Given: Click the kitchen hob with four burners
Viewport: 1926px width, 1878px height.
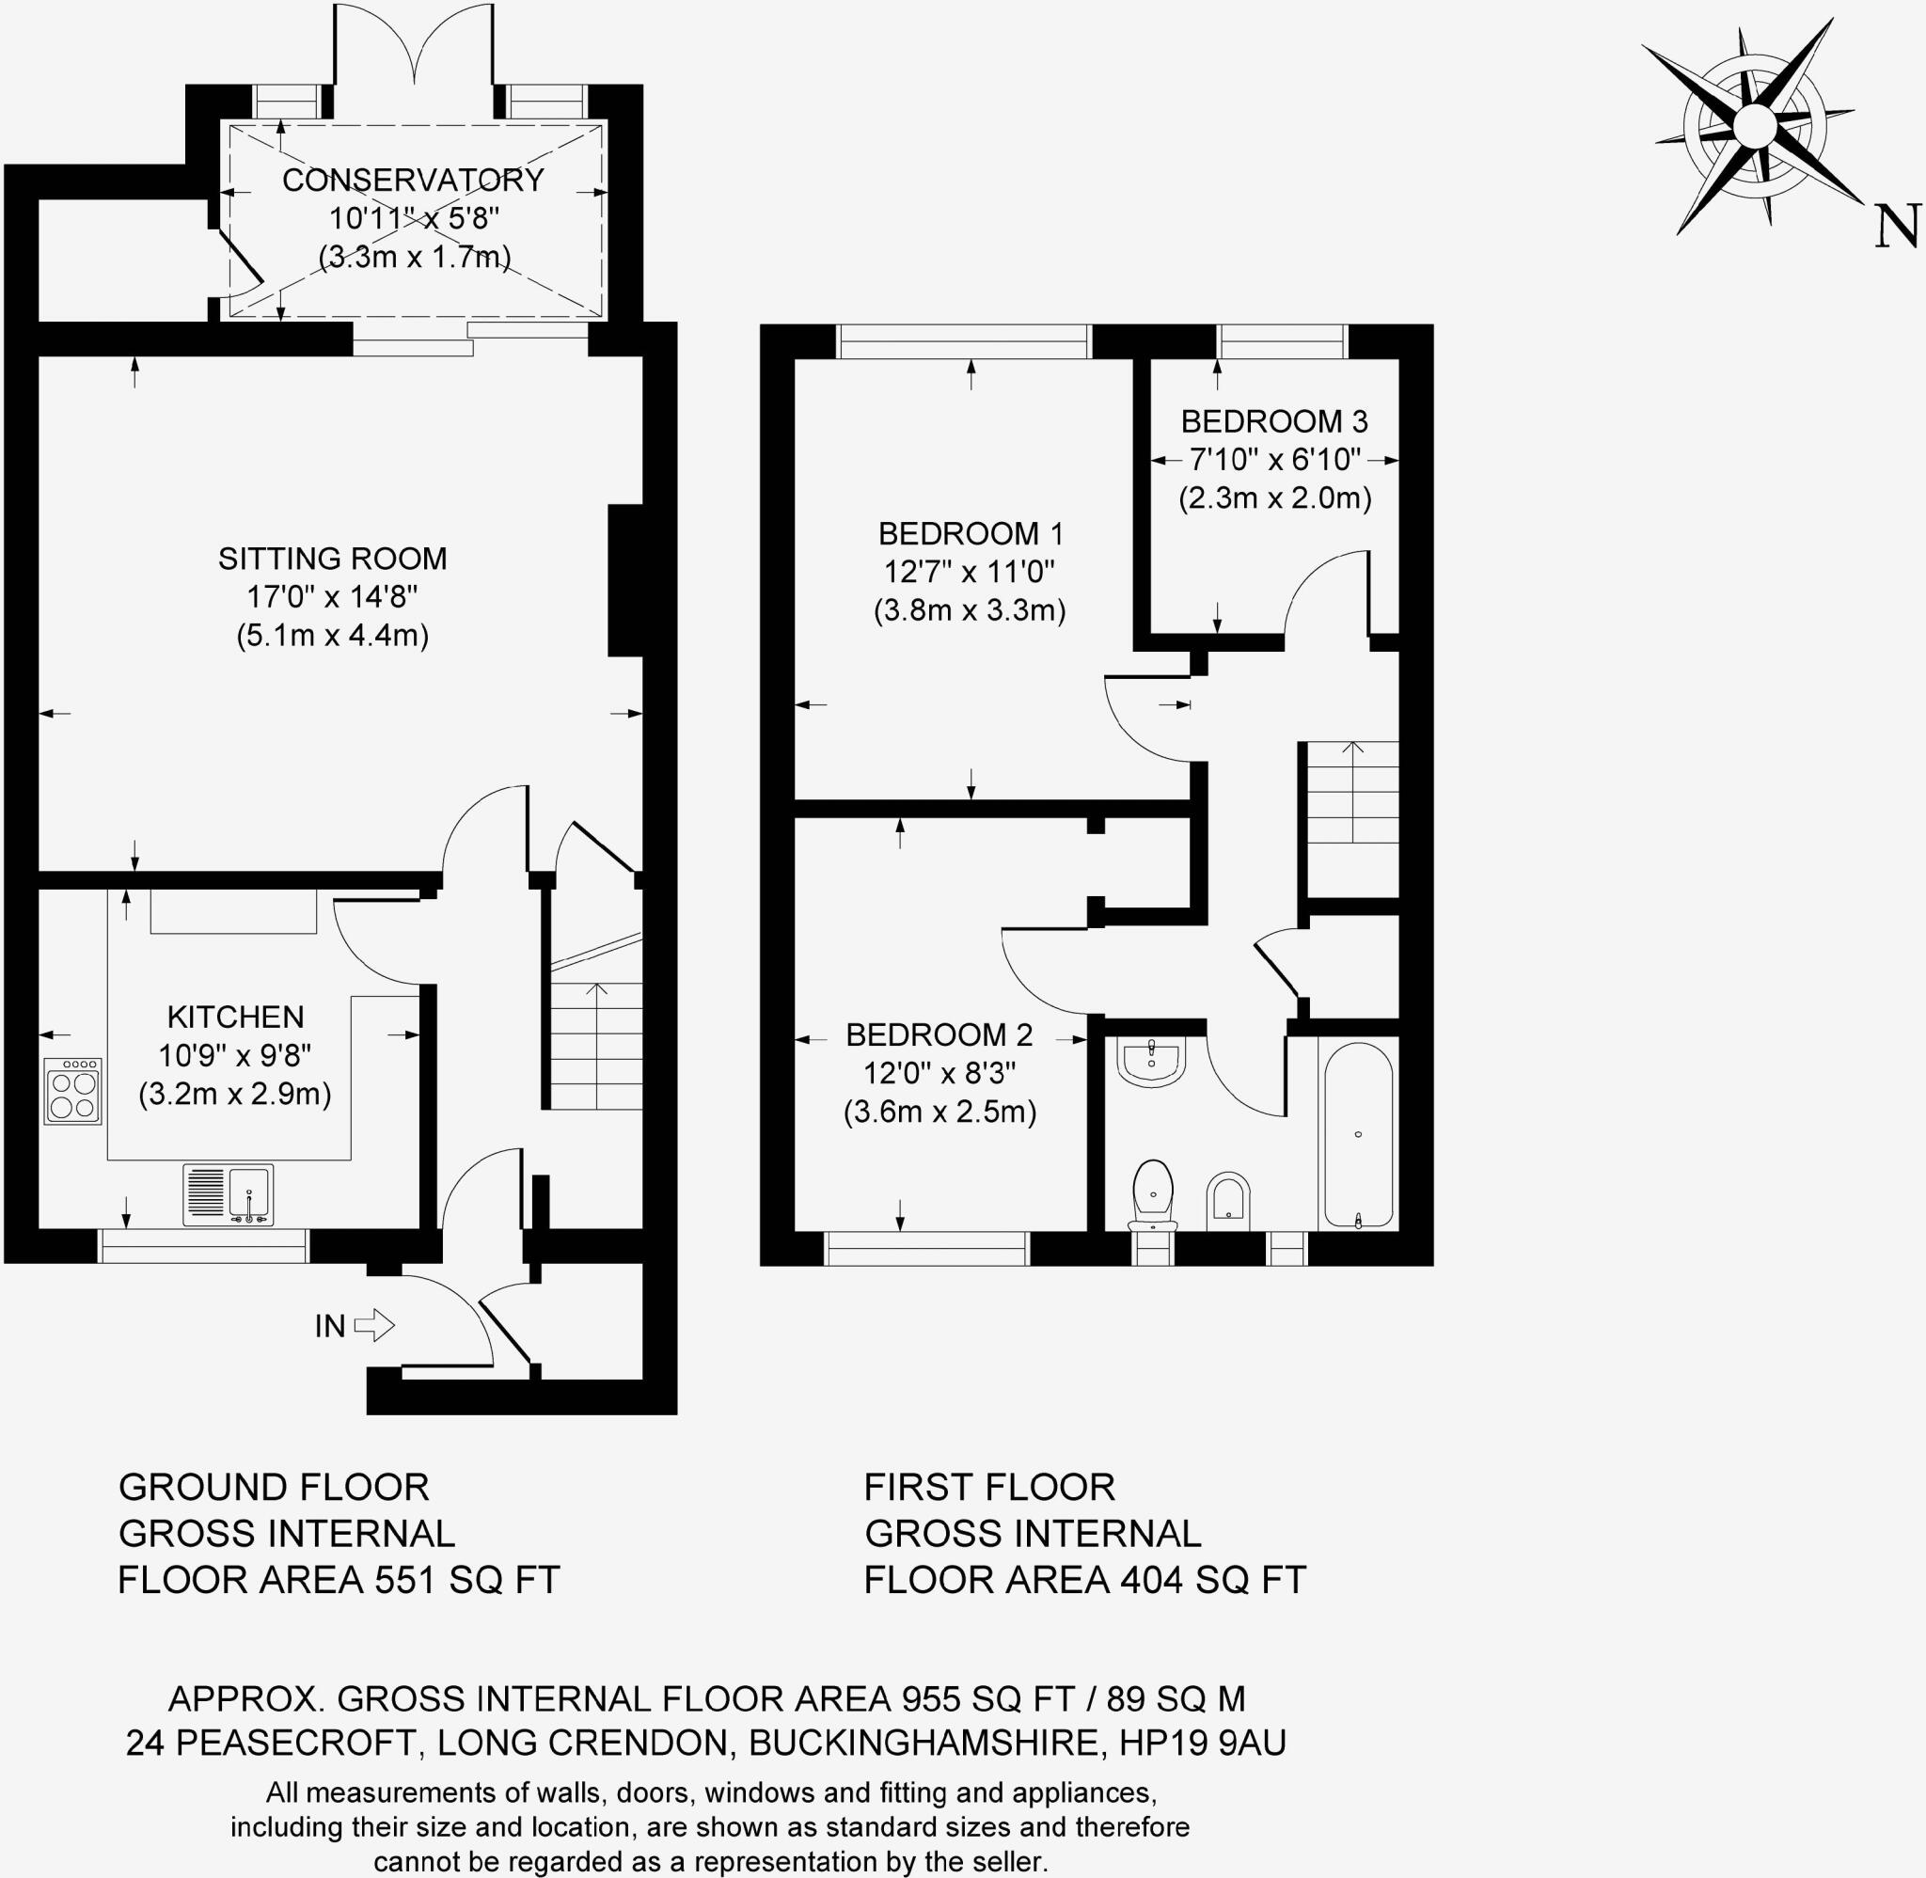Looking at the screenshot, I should tap(73, 1091).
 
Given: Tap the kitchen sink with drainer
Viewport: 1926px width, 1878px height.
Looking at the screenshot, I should tap(228, 1194).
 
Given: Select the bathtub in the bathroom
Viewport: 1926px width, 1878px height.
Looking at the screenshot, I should tap(1358, 1135).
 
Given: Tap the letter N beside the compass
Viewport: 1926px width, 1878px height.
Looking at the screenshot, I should tap(1895, 226).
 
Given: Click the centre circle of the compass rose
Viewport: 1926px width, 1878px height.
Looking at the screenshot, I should tap(1752, 125).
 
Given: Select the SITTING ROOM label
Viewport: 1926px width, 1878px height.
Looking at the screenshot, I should tap(332, 560).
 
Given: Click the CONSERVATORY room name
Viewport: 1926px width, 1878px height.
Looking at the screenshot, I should tap(413, 181).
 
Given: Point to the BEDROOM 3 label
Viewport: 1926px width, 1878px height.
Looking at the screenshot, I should tap(1274, 422).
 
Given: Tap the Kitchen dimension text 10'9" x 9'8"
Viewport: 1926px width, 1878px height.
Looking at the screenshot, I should tap(235, 1055).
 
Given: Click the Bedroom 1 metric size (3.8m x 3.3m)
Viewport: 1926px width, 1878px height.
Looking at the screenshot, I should tap(970, 610).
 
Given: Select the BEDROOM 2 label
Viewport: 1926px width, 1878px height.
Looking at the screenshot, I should tap(939, 1034).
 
